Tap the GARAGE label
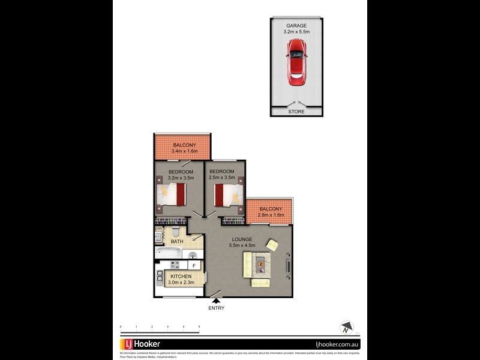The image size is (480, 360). pos(296,26)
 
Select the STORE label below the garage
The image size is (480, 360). pos(296,112)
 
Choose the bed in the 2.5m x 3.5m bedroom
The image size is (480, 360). pos(228,194)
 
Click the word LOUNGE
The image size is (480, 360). pos(242,239)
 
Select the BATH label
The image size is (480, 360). pos(176,242)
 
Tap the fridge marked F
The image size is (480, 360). pos(193,265)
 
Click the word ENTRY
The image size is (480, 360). pos(216,308)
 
